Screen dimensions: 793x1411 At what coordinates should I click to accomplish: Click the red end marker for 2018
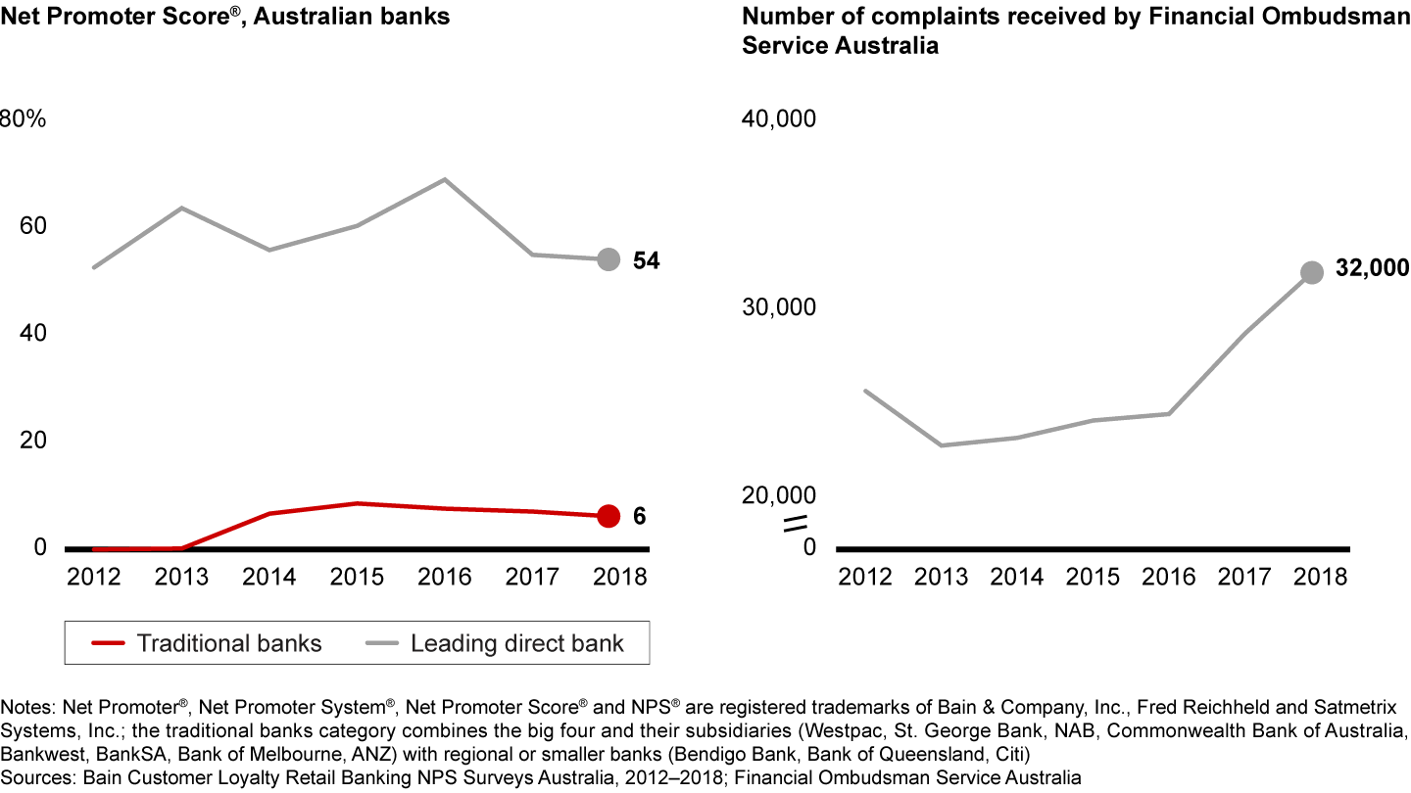click(608, 516)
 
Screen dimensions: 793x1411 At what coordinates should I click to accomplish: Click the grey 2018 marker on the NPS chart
click(608, 259)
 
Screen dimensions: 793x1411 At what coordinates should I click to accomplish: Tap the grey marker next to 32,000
click(1312, 273)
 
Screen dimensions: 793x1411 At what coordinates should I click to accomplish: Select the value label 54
click(647, 260)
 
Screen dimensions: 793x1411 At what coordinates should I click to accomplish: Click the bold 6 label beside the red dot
click(639, 516)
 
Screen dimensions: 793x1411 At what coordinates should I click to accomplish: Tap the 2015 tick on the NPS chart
click(357, 576)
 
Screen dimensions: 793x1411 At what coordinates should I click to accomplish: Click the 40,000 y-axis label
click(781, 118)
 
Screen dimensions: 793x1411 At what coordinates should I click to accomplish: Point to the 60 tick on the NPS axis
click(33, 225)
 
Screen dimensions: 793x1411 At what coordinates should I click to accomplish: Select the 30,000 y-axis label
click(781, 307)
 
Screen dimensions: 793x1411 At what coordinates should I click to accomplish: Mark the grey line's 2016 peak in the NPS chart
click(445, 179)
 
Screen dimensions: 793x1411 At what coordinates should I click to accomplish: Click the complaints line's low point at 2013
click(941, 445)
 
